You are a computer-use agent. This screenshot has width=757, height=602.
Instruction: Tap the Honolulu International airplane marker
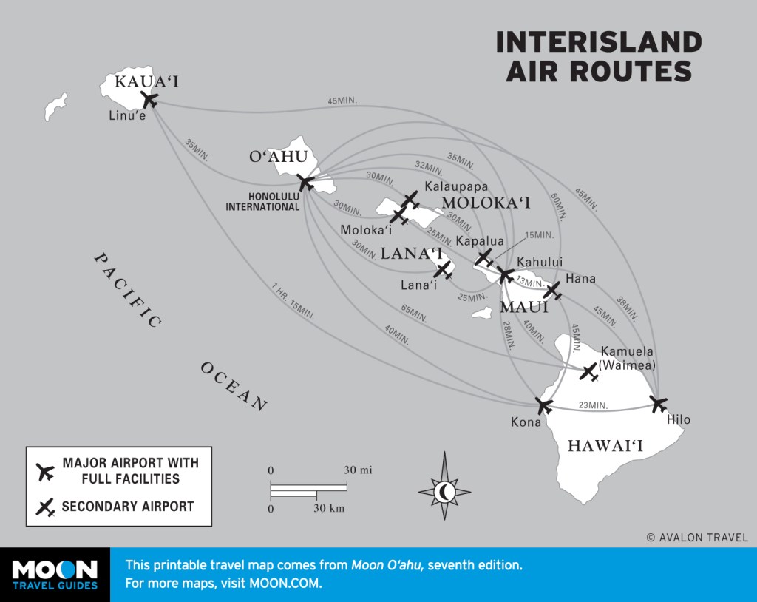(x=305, y=182)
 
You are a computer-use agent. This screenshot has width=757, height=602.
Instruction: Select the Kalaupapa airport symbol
(x=411, y=200)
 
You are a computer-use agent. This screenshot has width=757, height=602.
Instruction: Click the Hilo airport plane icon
(x=658, y=404)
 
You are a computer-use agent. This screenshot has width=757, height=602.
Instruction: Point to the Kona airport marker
(x=544, y=405)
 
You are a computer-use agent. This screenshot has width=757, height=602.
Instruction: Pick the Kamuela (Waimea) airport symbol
(x=589, y=373)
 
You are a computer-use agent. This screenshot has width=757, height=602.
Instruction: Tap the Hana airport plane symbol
(x=552, y=290)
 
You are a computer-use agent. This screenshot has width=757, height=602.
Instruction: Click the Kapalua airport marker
(x=484, y=257)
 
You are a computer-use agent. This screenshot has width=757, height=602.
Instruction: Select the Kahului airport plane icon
(x=506, y=275)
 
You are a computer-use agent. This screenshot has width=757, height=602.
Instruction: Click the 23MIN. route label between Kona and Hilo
(x=594, y=405)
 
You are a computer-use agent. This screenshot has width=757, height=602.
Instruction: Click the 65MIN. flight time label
(x=413, y=313)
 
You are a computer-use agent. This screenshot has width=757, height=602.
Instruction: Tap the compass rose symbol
(x=445, y=490)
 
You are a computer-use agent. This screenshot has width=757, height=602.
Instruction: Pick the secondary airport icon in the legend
(x=46, y=507)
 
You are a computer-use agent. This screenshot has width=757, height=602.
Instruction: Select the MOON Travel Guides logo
(x=55, y=575)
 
